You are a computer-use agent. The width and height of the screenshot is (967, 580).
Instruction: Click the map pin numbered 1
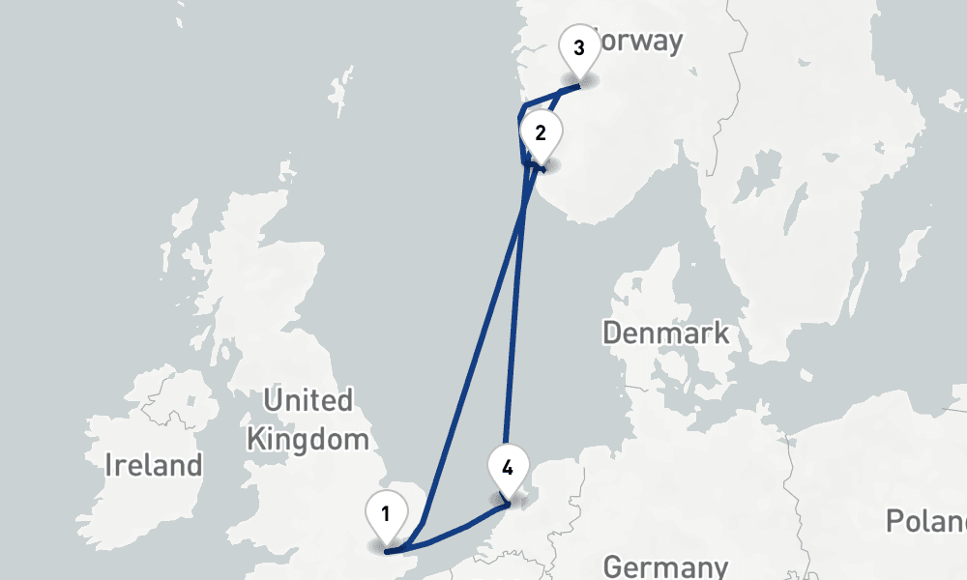click(x=386, y=514)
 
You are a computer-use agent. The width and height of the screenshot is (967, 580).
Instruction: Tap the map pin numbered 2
click(x=540, y=133)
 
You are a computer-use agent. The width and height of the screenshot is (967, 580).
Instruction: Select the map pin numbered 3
click(x=578, y=48)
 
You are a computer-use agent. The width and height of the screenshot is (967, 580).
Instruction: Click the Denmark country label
click(x=665, y=334)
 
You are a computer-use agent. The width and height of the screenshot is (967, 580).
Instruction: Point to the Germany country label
click(x=665, y=566)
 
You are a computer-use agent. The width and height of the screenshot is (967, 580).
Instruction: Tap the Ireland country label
click(x=154, y=465)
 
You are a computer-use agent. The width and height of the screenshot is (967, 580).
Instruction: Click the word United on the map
click(x=308, y=400)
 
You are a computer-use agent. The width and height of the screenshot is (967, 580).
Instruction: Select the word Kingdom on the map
click(x=308, y=440)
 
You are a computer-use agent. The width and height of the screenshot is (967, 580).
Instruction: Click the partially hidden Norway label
click(x=638, y=43)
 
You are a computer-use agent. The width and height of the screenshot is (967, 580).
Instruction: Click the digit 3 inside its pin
click(x=578, y=48)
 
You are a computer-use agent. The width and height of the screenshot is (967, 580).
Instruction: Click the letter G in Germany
click(x=612, y=566)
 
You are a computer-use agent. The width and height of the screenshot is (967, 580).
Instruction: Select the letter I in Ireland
click(x=108, y=465)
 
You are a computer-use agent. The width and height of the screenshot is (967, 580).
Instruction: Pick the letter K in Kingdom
click(x=255, y=440)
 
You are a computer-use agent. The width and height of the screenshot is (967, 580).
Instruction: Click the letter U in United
click(x=272, y=400)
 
